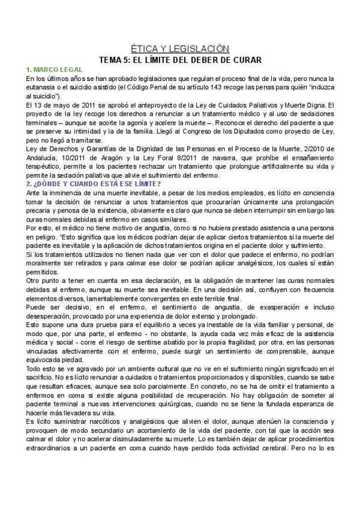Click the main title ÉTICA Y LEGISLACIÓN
click(x=180, y=49)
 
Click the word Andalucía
click(x=44, y=157)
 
